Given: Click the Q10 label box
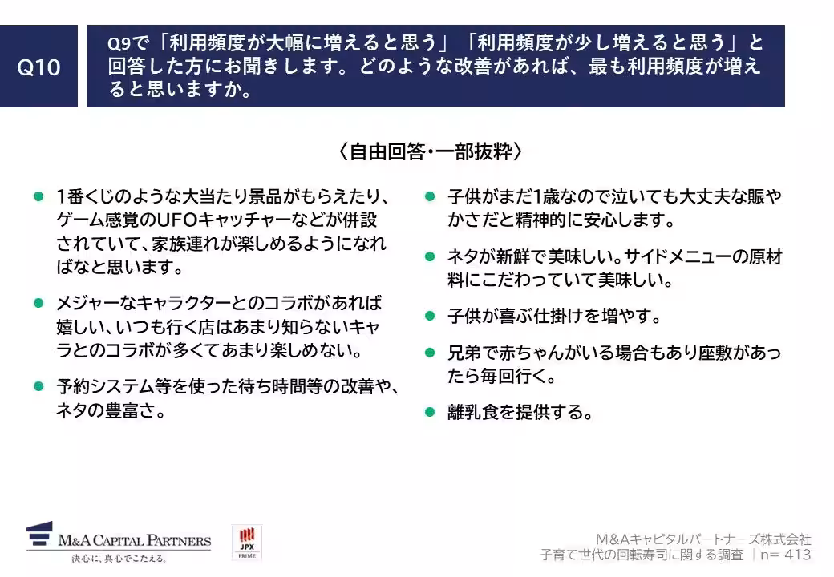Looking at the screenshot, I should click(x=38, y=67).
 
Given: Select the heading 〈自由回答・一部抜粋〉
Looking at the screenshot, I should click(x=430, y=151).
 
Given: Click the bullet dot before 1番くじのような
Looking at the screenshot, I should click(x=38, y=196).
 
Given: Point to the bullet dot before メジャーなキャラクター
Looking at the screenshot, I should click(x=38, y=303).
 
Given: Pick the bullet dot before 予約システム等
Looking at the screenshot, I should click(x=38, y=386).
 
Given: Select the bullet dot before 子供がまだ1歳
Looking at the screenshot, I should click(x=430, y=196).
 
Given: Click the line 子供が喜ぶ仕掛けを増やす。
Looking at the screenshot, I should click(x=553, y=316).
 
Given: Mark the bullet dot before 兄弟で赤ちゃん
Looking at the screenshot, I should click(x=430, y=352).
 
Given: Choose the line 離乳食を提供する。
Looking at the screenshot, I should click(x=520, y=413).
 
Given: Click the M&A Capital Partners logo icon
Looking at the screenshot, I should click(x=40, y=535).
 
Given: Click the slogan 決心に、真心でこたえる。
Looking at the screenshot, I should click(x=119, y=558).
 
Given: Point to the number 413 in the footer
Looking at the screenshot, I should click(x=796, y=555).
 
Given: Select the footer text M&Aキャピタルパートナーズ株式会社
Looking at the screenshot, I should click(x=703, y=539).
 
